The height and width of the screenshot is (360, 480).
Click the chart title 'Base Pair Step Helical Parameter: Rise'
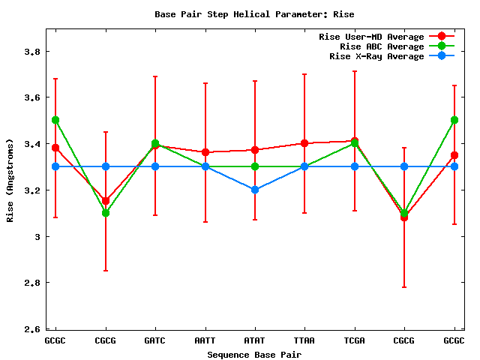pos(254,14)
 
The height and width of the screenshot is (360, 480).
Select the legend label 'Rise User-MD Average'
pos(371,37)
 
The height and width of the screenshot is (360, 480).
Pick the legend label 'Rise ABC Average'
pos(382,46)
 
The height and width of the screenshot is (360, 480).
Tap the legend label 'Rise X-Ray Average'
pos(376,56)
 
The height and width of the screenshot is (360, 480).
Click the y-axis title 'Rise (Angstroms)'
pos(10,180)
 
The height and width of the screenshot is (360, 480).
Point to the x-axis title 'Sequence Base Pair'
pos(255,354)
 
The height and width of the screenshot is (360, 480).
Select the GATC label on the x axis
pos(155,340)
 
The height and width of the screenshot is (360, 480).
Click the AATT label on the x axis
pos(205,340)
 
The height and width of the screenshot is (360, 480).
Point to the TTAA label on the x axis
pos(304,340)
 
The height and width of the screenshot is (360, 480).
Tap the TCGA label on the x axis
pos(354,340)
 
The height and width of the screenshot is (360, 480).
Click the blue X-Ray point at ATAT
pos(255,190)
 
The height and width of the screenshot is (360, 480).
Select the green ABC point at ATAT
pos(255,166)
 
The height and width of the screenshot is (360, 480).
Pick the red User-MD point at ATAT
pos(255,150)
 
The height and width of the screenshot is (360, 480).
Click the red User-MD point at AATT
pos(205,152)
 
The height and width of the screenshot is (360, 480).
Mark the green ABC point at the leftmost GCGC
pos(55,120)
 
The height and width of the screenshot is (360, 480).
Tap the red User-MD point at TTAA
pos(304,143)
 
